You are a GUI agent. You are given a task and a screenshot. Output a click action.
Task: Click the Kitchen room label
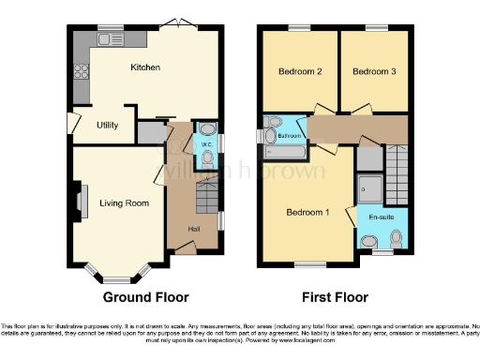pyautogui.click(x=144, y=67)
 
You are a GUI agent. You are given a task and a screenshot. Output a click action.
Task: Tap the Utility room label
pyautogui.click(x=106, y=125)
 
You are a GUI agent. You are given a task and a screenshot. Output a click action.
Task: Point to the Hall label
pyautogui.click(x=193, y=229)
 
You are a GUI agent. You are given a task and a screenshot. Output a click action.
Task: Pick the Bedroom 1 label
pyautogui.click(x=307, y=212)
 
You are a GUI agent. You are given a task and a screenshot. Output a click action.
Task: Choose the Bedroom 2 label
pyautogui.click(x=300, y=71)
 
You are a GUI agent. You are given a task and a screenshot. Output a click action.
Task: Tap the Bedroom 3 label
pyautogui.click(x=373, y=71)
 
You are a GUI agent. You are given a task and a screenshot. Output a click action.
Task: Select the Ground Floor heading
pyautogui.click(x=145, y=297)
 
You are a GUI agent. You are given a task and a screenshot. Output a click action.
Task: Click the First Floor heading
pyautogui.click(x=334, y=297)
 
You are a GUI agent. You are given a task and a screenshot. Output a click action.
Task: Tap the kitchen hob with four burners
pyautogui.click(x=80, y=68)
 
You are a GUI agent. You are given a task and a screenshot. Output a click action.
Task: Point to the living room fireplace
pyautogui.click(x=80, y=201)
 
